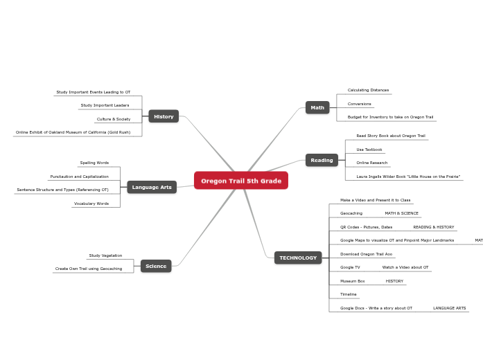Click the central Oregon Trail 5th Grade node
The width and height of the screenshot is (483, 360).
241,181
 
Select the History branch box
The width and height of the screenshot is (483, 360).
164,116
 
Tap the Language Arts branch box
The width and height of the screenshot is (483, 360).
152,187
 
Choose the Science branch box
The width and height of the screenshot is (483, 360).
156,266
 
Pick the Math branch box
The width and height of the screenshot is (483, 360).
317,107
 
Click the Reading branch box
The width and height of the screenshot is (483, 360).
322,160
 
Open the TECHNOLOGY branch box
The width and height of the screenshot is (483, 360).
298,258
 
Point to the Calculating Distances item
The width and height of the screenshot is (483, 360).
368,90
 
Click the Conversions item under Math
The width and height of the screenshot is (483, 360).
360,104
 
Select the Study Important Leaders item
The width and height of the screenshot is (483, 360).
105,105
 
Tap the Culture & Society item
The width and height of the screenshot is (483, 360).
114,119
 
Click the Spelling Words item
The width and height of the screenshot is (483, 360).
94,163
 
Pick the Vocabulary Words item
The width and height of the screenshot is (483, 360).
91,204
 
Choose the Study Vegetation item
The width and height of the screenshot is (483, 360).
105,255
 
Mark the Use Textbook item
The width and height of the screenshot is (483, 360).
369,150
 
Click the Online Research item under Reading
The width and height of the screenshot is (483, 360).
371,163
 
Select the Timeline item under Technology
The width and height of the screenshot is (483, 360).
349,294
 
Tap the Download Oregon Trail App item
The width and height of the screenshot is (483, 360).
366,254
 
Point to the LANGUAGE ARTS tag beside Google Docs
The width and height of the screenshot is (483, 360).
449,308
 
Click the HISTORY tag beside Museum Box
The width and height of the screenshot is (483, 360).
394,281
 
